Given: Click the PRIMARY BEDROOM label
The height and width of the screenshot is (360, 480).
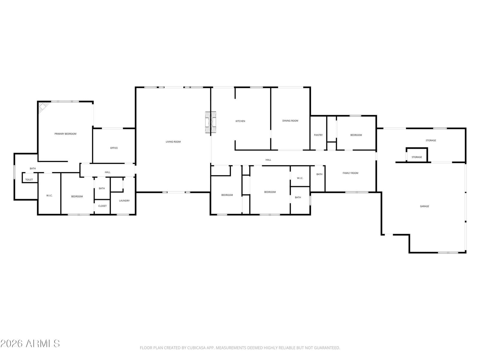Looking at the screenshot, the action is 65,134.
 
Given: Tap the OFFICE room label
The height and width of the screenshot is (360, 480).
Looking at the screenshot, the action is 114,148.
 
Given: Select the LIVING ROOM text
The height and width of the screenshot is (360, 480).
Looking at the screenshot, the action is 173,142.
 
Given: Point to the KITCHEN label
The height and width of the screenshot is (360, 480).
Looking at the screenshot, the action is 240,121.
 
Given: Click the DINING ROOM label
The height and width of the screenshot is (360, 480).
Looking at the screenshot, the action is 290,121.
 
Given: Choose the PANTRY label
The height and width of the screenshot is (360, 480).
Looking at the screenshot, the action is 318,135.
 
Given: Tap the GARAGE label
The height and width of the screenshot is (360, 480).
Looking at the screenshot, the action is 424,206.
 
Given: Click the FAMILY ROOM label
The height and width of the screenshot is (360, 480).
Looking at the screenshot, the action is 350,173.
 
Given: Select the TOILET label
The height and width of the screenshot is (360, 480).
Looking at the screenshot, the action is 29,180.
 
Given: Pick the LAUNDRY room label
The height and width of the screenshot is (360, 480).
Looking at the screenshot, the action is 124,201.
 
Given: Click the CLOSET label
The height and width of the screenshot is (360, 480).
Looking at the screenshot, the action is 103,206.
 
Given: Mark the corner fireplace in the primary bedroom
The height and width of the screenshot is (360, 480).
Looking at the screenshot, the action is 43,107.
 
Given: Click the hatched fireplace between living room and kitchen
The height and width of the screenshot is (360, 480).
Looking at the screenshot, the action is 211,122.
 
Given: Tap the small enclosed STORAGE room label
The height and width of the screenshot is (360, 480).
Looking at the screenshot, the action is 417,157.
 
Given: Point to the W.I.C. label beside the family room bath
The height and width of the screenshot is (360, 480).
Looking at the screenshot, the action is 300,178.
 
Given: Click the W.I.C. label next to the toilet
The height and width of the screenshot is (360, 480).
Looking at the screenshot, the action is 49,196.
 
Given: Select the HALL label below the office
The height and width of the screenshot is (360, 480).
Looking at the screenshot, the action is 108,172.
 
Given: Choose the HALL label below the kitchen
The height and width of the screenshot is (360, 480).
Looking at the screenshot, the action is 268,160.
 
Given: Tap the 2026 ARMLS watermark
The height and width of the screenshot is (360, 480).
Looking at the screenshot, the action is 30,343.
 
